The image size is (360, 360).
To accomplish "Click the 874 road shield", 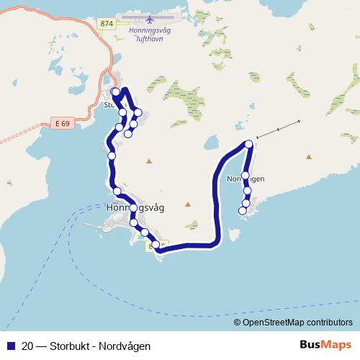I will click(107, 24).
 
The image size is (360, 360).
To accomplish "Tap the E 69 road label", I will click(62, 124).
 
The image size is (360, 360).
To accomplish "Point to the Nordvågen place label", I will click(245, 179).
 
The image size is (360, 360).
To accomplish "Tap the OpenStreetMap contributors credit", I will click(297, 323).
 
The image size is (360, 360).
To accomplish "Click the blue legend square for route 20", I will click(10, 346).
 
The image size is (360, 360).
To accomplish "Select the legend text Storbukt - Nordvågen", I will click(100, 346).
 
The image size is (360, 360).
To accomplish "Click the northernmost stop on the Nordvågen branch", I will click(249, 144).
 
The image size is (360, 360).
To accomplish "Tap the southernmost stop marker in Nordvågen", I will click(243, 210).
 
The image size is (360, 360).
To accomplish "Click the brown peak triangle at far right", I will click(309, 156).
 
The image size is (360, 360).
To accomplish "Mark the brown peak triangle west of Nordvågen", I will click(187, 204).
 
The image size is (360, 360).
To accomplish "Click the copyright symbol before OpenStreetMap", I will click(238, 323).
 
